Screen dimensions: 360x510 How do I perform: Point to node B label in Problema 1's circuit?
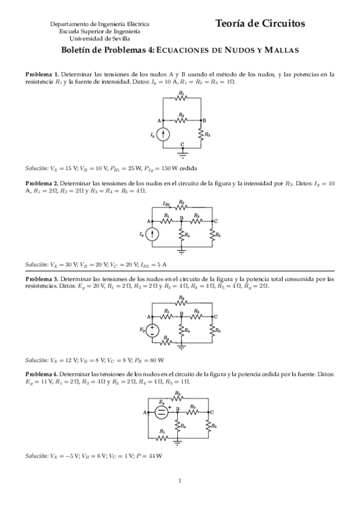(x=204, y=120)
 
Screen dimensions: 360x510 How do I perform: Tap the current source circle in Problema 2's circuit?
(x=154, y=233)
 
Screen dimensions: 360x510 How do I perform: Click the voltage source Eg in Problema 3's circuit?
(x=154, y=330)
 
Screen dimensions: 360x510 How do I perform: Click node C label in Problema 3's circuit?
(x=216, y=316)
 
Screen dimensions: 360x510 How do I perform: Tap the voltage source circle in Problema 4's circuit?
(x=162, y=412)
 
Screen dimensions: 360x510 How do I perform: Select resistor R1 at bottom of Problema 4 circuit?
(x=163, y=437)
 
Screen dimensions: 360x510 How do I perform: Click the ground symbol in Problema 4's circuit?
(x=178, y=444)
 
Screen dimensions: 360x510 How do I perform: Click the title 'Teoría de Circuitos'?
(x=260, y=23)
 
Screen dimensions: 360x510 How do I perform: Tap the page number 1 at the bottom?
(x=180, y=481)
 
